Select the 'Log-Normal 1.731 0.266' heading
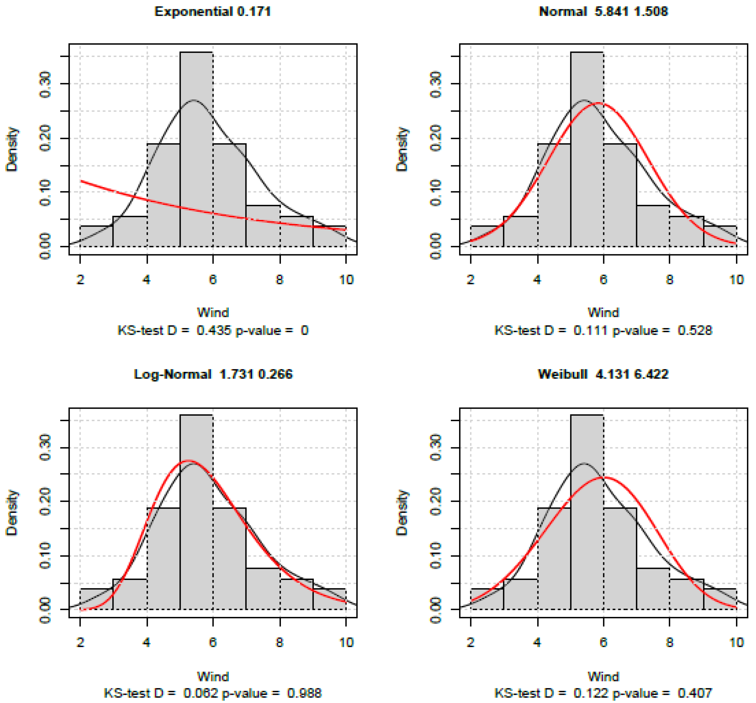[x=213, y=374]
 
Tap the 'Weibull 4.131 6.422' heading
[x=603, y=374]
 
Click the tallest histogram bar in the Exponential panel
[x=196, y=152]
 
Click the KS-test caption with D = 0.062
[x=213, y=693]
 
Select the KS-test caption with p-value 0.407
[x=603, y=693]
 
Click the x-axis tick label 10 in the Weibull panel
[x=736, y=643]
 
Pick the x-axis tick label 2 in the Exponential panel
[x=80, y=280]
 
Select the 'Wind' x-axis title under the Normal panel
[x=603, y=312]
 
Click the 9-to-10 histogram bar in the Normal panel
[x=720, y=237]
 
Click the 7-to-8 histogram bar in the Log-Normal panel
[x=263, y=589]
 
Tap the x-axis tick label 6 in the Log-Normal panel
[x=213, y=643]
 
